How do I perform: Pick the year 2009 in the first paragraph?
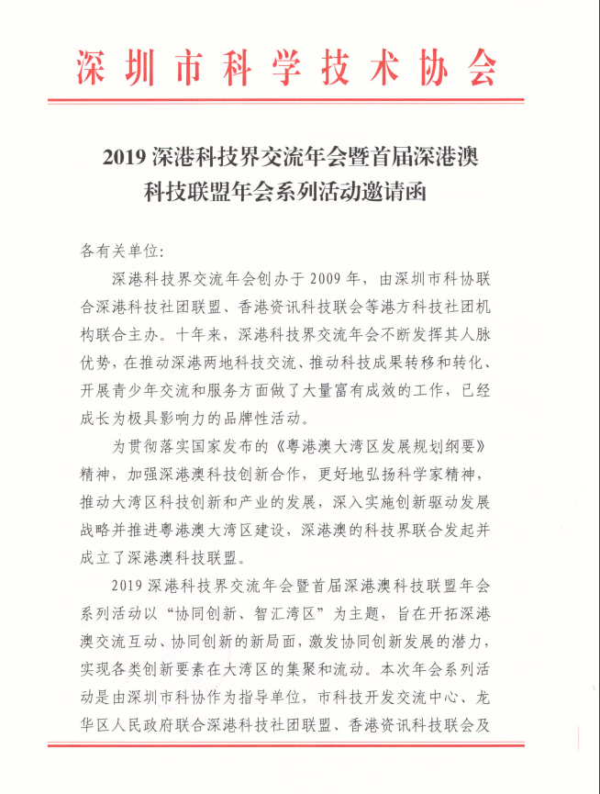click(330, 278)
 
